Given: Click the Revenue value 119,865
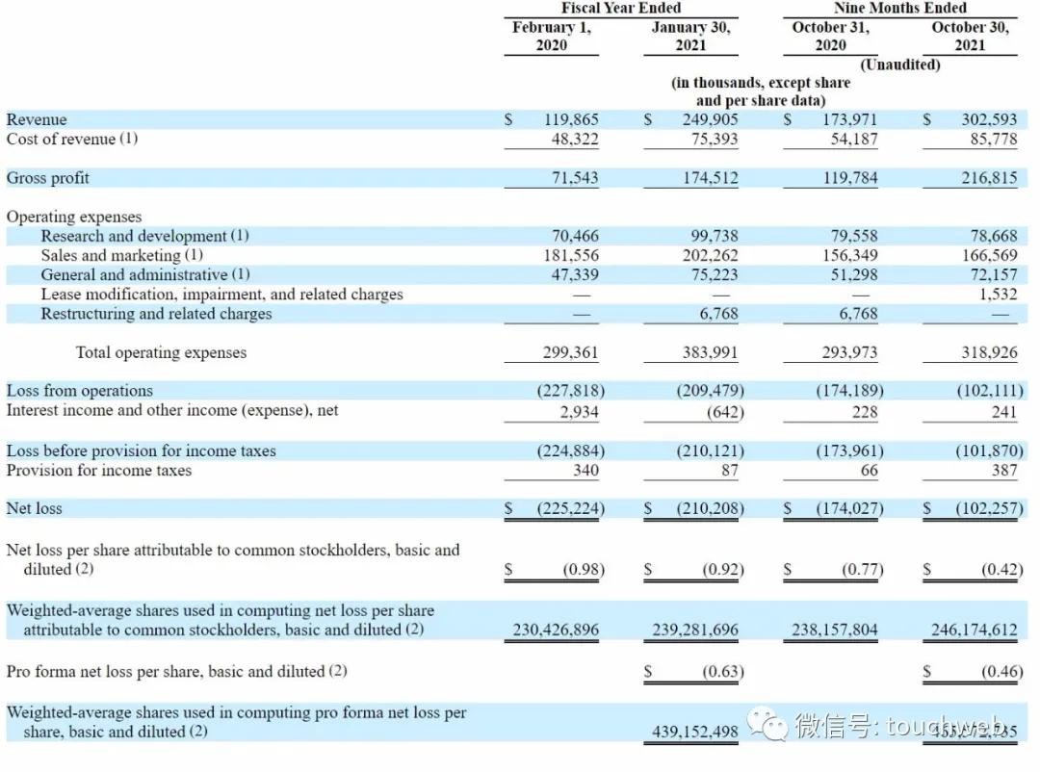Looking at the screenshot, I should click(571, 120).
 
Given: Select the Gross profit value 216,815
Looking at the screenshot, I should click(989, 178).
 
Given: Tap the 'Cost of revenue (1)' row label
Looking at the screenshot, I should click(72, 139).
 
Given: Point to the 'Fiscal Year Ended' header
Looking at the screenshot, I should click(621, 9).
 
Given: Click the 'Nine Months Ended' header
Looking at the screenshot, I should click(899, 9).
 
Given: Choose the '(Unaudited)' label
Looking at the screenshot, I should click(899, 64).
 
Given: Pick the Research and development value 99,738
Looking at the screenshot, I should click(711, 236).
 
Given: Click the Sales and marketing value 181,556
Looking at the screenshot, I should click(571, 255).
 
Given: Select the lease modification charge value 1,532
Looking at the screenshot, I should click(998, 295).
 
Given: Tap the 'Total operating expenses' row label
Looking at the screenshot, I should click(161, 352).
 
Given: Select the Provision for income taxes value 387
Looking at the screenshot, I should click(1004, 471).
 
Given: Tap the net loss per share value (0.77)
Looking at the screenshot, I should click(863, 570).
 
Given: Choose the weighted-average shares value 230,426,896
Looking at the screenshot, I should click(556, 630).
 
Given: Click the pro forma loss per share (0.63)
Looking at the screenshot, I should click(723, 672).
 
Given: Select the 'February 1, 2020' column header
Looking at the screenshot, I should click(552, 36).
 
